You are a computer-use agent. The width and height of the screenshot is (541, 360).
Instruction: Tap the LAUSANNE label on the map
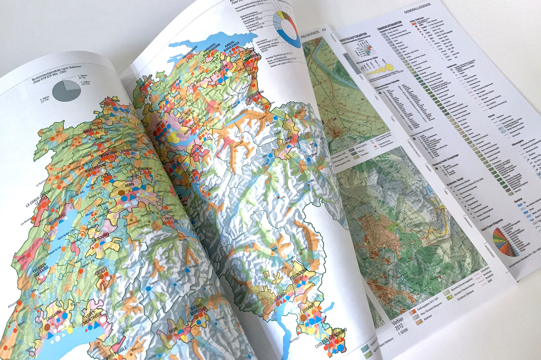54,313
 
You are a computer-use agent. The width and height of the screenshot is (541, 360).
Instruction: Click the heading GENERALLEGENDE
417,9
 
